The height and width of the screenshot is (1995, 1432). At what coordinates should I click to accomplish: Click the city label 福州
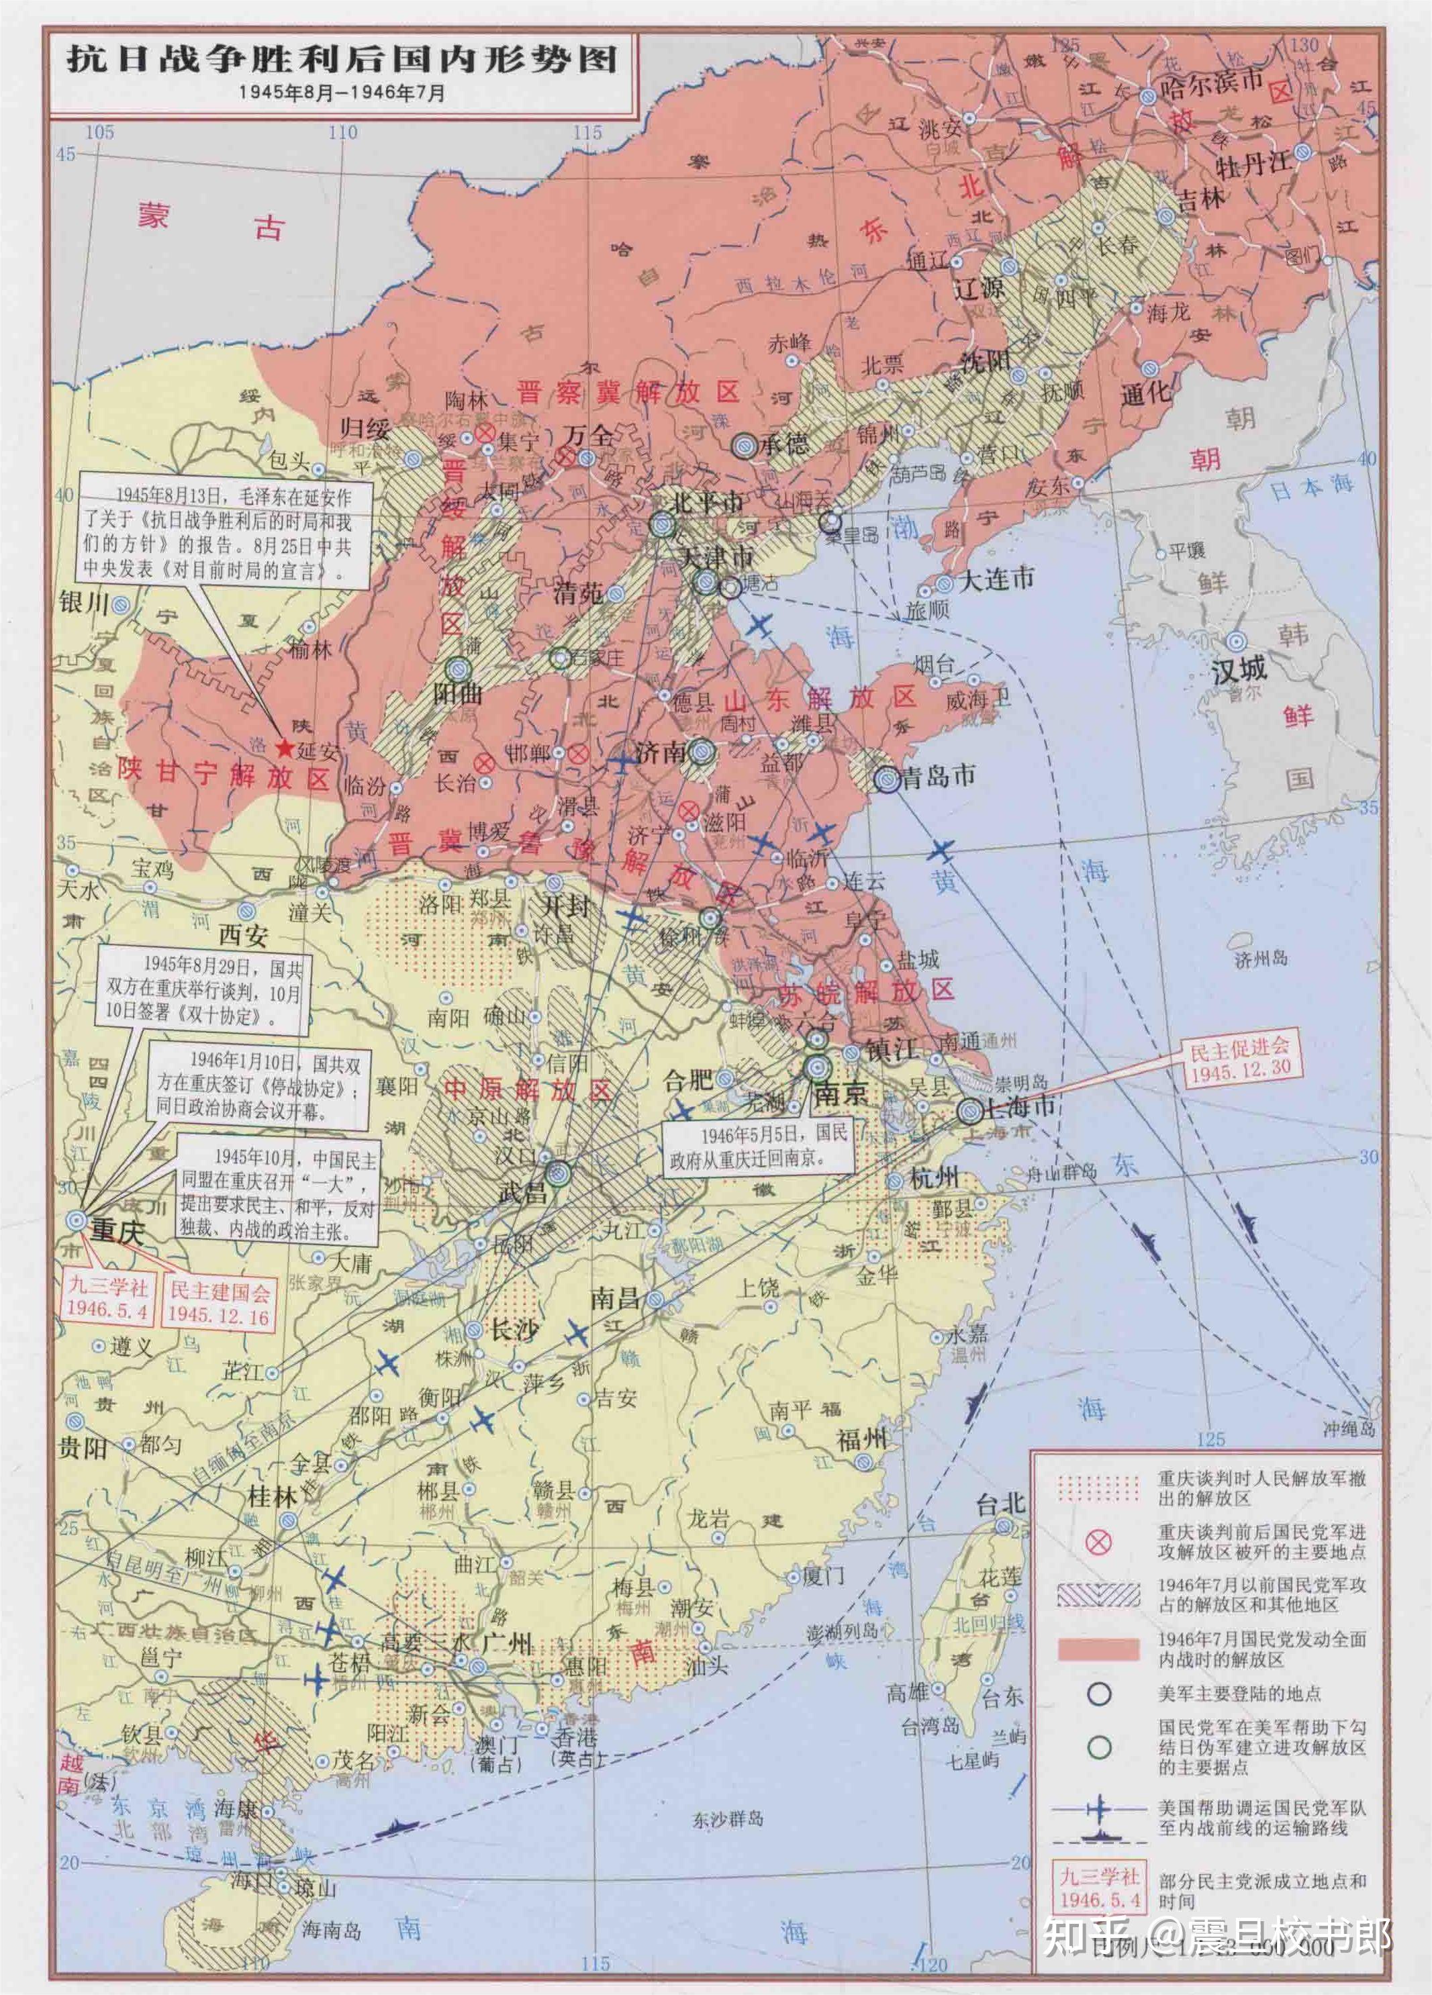tap(862, 1440)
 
